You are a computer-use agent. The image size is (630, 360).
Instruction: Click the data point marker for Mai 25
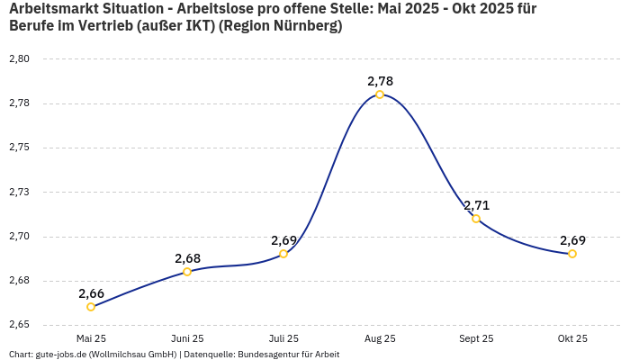coord(91,307)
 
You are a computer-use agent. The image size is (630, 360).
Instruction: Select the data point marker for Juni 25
coord(187,272)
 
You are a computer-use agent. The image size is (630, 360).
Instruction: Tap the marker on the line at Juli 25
coord(283,254)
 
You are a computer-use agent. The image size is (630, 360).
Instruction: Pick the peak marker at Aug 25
coord(380,94)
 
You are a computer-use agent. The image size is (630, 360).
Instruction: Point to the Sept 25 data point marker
coord(476,219)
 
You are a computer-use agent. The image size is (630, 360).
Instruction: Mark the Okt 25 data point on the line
coord(572,254)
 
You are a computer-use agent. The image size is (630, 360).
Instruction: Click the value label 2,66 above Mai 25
coord(91,293)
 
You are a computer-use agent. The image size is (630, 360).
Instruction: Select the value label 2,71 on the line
coord(476,205)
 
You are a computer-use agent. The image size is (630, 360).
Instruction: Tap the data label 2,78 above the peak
coord(380,81)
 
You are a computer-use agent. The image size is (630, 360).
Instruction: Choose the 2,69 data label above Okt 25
coord(572,240)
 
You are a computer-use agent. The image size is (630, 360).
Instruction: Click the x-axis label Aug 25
coord(380,338)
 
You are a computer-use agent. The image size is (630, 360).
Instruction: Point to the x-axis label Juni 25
coord(187,338)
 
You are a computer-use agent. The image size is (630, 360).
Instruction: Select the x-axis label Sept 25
coord(476,338)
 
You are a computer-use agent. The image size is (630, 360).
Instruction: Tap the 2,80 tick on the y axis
coord(19,59)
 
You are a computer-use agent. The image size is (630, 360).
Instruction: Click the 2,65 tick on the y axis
coord(19,325)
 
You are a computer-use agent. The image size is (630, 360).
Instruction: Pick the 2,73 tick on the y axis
coord(19,193)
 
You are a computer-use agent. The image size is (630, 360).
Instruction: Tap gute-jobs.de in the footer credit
coord(60,355)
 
